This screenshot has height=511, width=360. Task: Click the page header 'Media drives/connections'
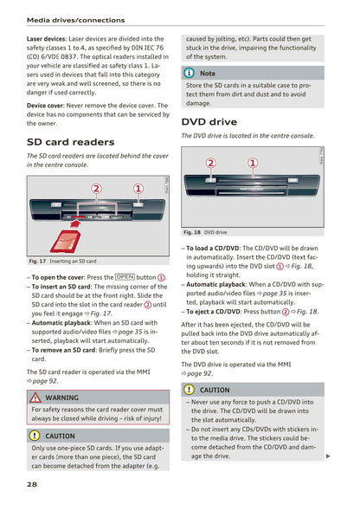[x=75, y=19]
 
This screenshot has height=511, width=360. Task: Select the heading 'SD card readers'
[x=70, y=141]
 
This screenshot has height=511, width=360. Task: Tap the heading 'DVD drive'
[x=209, y=122]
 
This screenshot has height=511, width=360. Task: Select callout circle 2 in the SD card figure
[x=96, y=189]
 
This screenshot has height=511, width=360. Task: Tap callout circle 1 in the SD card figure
[x=138, y=189]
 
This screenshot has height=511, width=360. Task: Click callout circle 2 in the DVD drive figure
[x=211, y=163]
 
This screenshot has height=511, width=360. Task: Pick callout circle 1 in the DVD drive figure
[x=253, y=163]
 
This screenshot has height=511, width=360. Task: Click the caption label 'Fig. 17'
[x=37, y=261]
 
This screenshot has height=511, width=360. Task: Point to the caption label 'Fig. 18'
[x=191, y=232]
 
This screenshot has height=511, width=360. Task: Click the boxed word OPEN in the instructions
[x=124, y=277]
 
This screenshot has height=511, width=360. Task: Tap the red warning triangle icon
[x=36, y=398]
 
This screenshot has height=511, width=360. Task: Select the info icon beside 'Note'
[x=190, y=73]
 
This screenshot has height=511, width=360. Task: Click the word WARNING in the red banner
[x=62, y=398]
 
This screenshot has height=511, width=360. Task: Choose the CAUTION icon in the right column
[x=190, y=390]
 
